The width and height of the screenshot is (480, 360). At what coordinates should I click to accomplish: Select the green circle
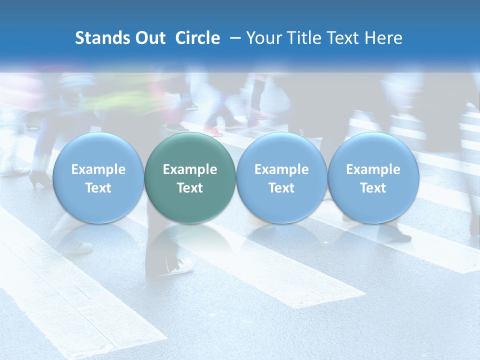(x=190, y=177)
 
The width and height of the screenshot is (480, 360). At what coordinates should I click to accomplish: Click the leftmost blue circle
(x=98, y=177)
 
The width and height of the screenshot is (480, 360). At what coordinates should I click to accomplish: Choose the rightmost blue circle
(x=373, y=177)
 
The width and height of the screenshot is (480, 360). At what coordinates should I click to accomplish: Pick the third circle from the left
(x=281, y=177)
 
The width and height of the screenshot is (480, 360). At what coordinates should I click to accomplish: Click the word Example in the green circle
(x=190, y=169)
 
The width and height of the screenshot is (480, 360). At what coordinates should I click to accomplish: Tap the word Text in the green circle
(x=190, y=188)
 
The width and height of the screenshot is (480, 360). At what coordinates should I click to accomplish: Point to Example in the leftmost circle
(x=98, y=169)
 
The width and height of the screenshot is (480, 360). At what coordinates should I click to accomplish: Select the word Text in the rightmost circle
(x=373, y=188)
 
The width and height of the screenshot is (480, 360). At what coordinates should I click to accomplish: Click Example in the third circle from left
(x=281, y=169)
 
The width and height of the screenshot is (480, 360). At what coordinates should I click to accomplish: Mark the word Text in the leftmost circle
(x=98, y=188)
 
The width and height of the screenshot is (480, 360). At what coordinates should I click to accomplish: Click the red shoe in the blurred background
(x=213, y=131)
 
